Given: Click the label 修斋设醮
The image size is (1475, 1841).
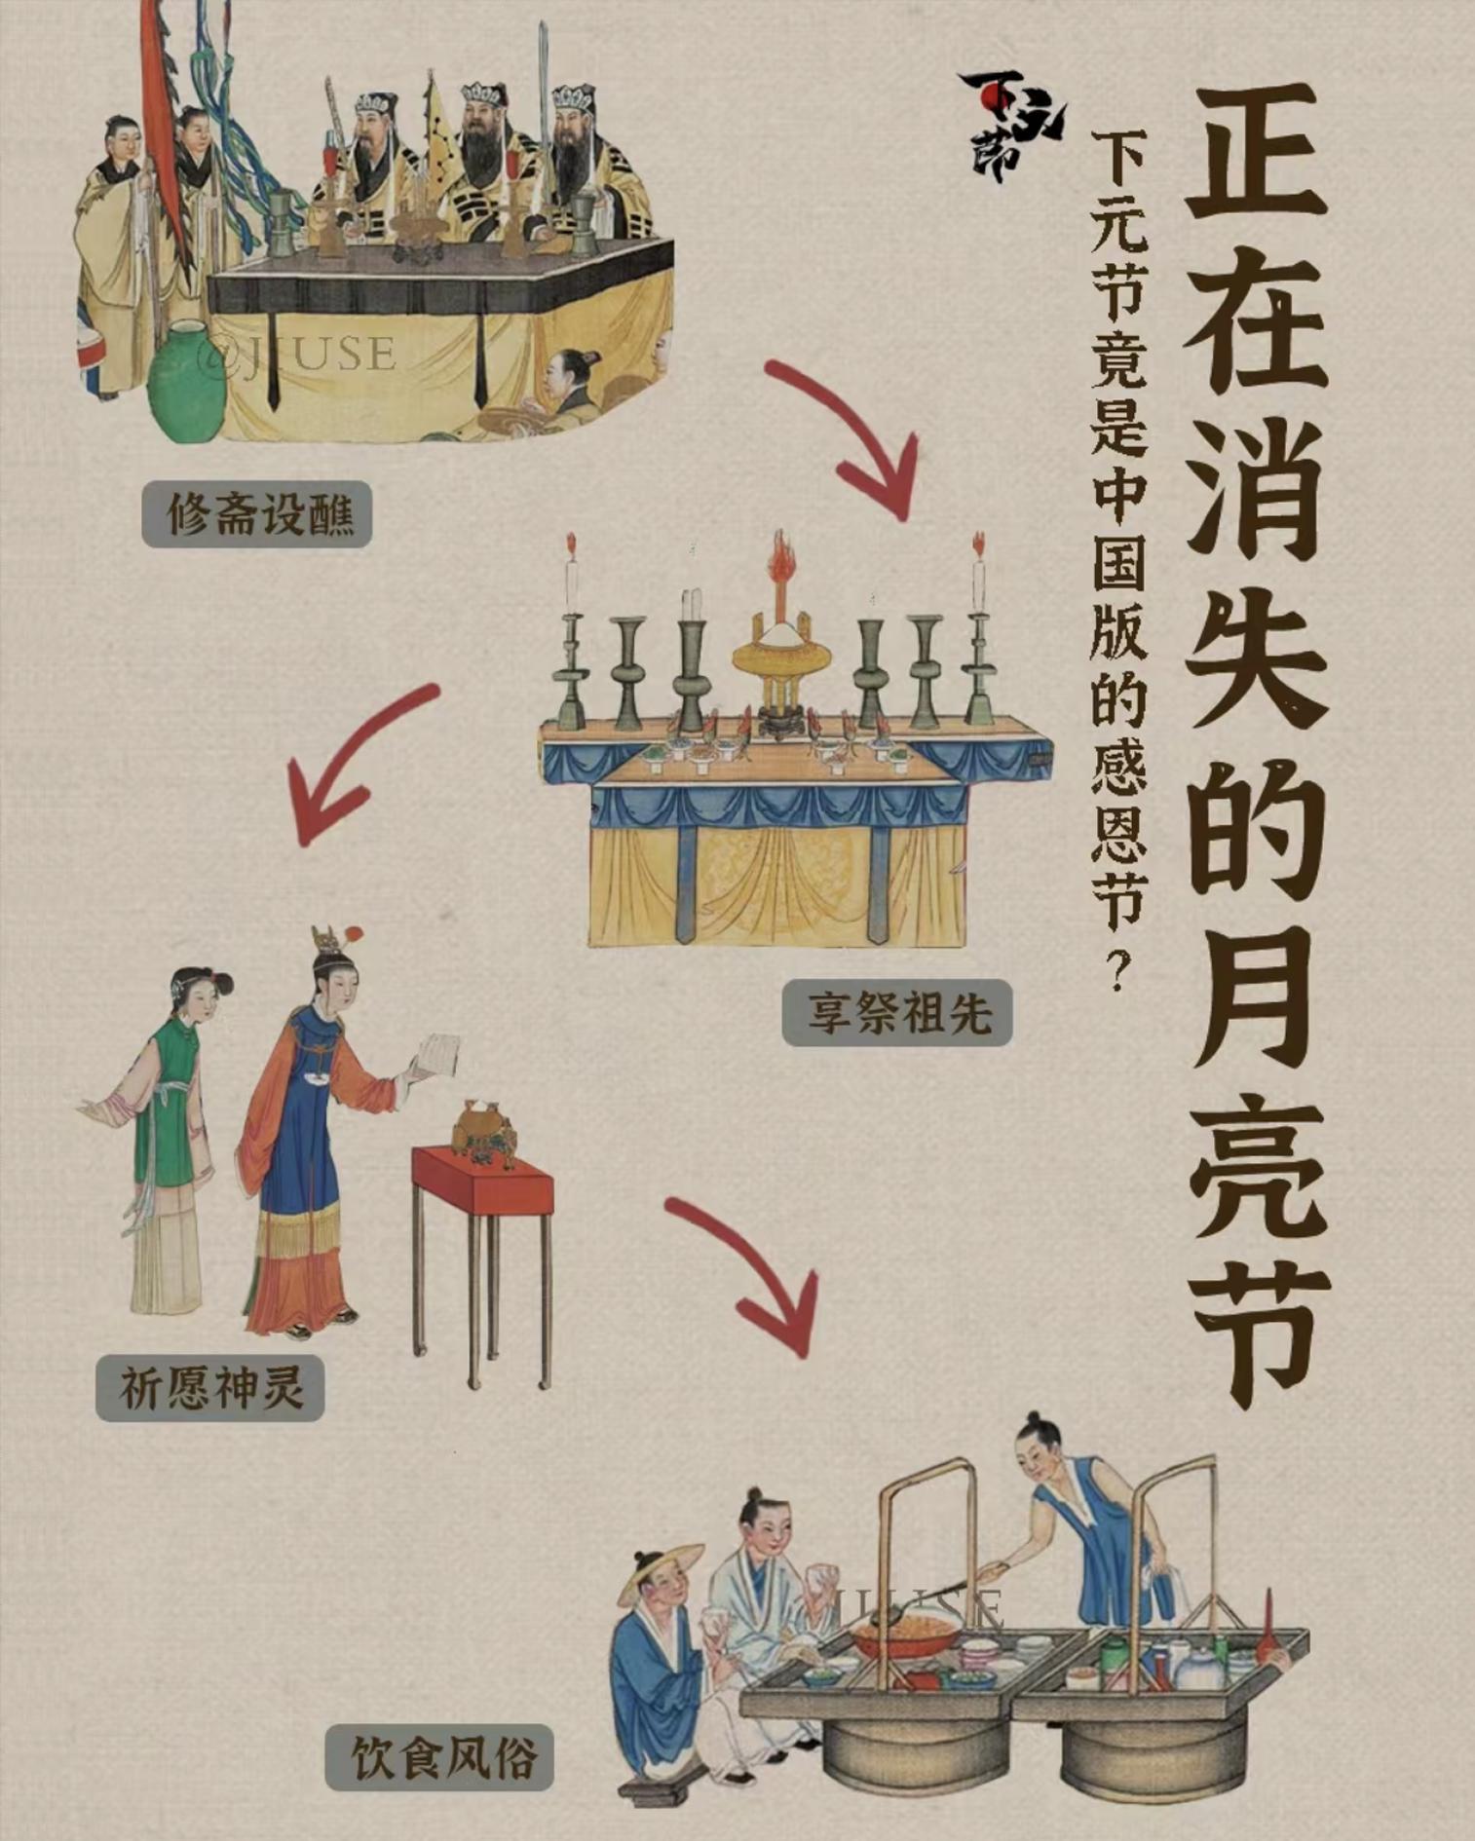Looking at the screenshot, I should coord(257,513).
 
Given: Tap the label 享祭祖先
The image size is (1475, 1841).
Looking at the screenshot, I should coord(897,1012).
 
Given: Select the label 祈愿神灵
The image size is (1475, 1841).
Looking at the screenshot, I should coord(209,1387).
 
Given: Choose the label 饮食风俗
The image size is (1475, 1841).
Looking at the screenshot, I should coord(439,1758).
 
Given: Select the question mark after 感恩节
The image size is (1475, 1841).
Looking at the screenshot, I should coord(1120,969).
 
